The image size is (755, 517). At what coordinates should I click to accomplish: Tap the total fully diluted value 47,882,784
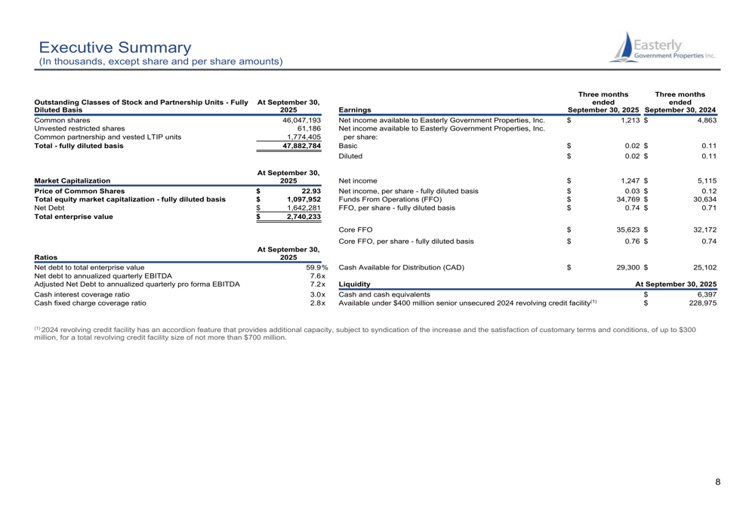[x=301, y=146]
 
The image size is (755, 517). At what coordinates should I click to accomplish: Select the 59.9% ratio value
[x=316, y=267]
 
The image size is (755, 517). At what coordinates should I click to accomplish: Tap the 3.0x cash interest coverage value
[x=317, y=294]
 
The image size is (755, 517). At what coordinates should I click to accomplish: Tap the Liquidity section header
[x=355, y=285]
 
